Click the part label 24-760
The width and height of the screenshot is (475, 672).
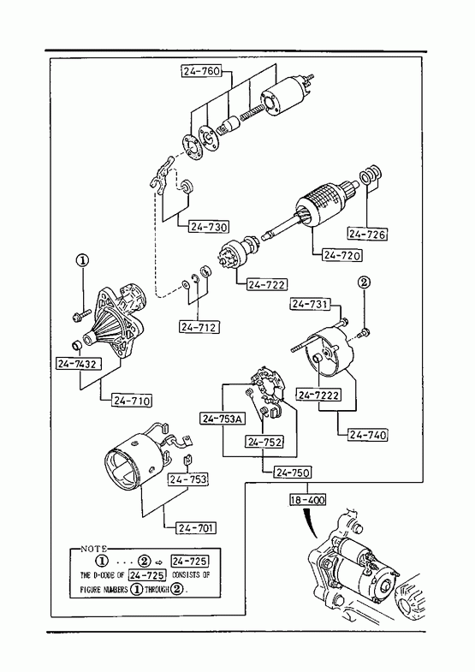click(201, 71)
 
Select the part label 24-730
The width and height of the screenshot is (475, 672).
click(209, 226)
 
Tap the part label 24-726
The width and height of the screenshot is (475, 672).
click(367, 234)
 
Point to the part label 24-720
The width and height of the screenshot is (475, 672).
click(341, 255)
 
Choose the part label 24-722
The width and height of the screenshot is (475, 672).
click(266, 284)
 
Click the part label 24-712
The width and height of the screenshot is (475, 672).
click(199, 327)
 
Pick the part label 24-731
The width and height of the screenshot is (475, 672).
click(310, 304)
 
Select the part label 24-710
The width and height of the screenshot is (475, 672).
click(133, 401)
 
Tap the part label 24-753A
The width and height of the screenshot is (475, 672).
click(223, 419)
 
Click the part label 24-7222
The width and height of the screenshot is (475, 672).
click(318, 395)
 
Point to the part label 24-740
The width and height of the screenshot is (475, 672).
click(367, 435)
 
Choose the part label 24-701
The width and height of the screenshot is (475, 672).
click(196, 527)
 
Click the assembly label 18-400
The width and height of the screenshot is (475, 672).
click(307, 500)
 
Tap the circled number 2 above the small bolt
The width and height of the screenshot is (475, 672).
click(364, 282)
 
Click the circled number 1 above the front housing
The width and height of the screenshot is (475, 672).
click(82, 259)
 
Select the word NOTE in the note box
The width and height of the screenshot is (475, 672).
click(94, 549)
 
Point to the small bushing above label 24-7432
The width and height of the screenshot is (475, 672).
click(76, 344)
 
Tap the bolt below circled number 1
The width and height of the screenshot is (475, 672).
click(81, 316)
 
